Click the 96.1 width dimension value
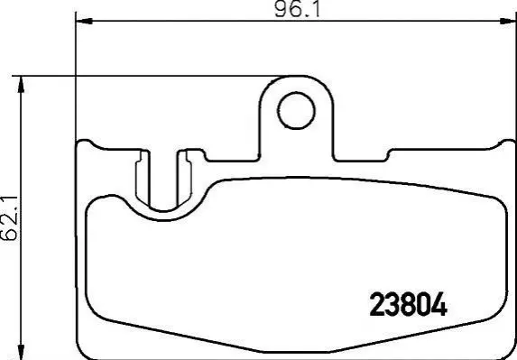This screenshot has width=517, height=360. (297, 9)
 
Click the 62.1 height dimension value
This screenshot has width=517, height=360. (9, 217)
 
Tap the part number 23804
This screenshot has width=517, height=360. (408, 305)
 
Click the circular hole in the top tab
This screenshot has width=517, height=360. (296, 110)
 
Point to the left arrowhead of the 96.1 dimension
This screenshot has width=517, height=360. (84, 21)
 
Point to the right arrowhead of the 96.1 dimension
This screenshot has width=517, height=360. (508, 21)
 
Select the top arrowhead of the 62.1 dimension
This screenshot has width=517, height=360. (21, 85)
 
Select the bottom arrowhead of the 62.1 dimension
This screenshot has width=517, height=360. (21, 352)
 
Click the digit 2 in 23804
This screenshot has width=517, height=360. (377, 305)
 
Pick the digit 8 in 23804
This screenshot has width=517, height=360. (408, 305)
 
